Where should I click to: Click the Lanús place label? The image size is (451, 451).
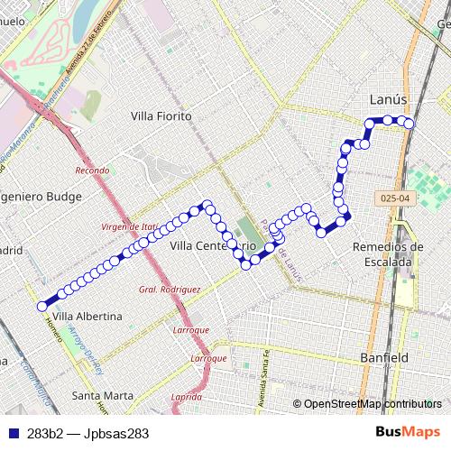[389, 98]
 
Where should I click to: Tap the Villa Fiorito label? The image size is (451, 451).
[161, 116]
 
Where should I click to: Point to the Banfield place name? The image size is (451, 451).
[384, 357]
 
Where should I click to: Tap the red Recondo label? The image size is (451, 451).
[92, 170]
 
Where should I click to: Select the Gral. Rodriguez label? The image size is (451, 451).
[169, 290]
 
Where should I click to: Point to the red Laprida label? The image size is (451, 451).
[186, 397]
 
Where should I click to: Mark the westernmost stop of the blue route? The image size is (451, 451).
[41, 307]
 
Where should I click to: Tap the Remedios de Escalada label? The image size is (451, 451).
[388, 253]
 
